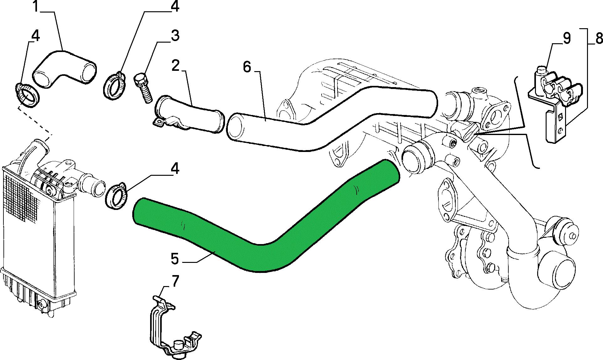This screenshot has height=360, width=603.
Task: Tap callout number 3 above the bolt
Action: [175, 35]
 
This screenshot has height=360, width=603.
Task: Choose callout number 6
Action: [247, 67]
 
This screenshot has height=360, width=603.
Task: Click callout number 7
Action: [175, 281]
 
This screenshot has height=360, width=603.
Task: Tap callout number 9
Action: [567, 38]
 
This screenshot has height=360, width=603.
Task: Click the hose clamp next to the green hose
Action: [117, 195]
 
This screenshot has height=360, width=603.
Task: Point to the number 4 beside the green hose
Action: [175, 169]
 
